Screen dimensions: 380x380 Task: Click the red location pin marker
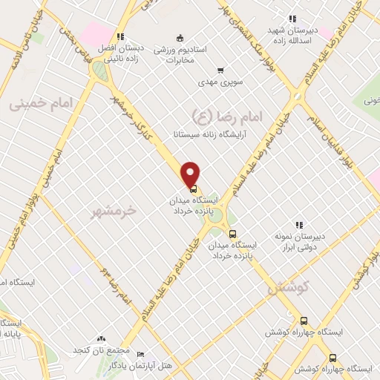(x=191, y=173)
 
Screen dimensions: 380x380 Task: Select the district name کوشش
(x=326, y=286)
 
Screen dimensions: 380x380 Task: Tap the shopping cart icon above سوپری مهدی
(x=220, y=71)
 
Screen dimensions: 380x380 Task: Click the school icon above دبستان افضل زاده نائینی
(x=120, y=36)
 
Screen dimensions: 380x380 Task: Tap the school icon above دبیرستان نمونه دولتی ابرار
(x=299, y=224)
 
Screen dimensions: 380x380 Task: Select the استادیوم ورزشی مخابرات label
(x=180, y=51)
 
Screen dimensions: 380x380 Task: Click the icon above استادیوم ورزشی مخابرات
(x=180, y=38)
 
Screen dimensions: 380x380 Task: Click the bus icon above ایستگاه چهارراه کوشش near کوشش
(x=303, y=321)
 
